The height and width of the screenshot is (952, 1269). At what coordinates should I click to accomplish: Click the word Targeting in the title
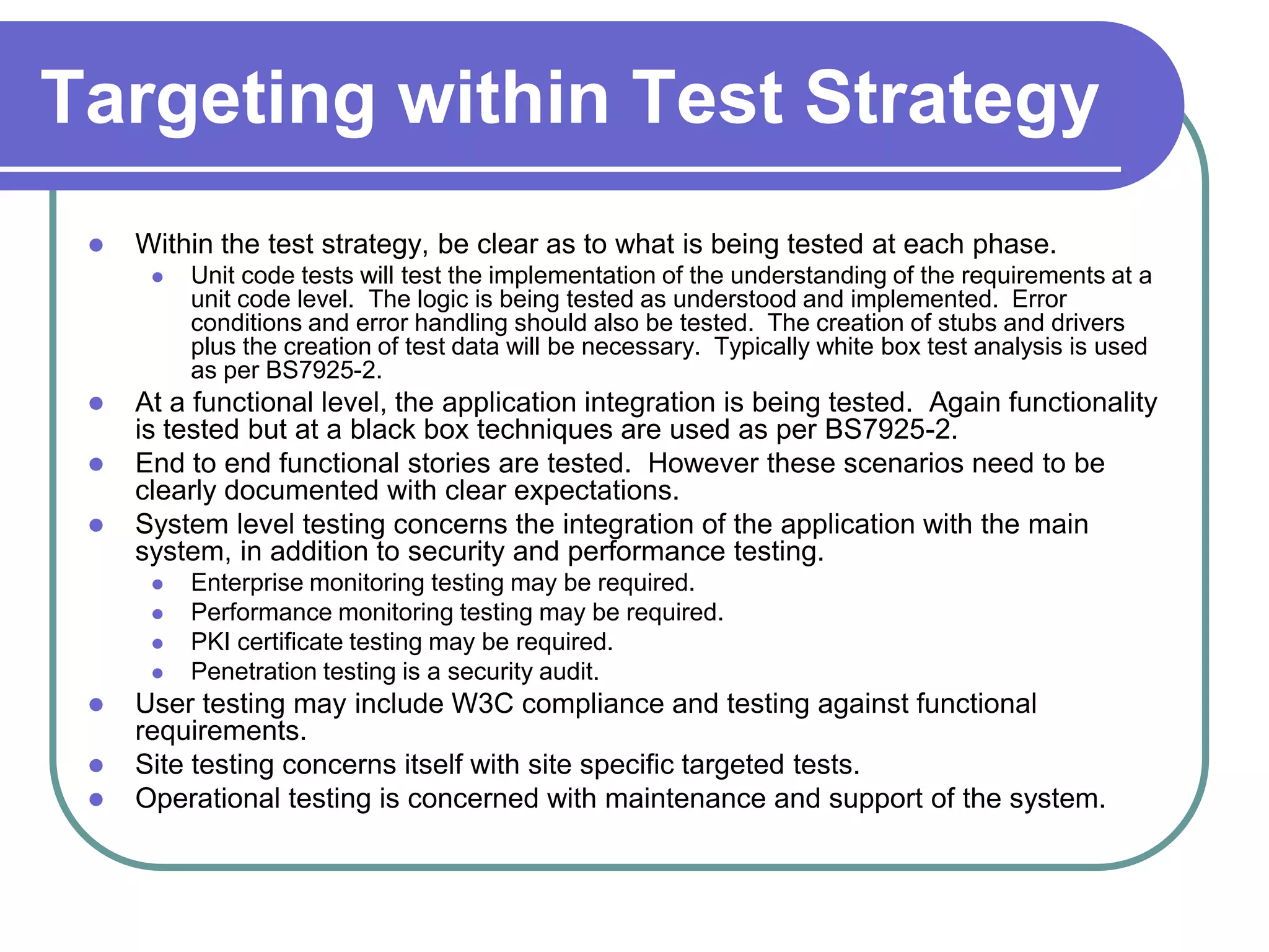click(208, 99)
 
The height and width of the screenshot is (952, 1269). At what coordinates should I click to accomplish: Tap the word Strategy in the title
click(951, 99)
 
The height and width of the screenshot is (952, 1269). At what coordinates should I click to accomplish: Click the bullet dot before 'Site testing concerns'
click(96, 765)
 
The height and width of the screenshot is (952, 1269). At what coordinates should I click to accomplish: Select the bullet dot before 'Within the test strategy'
click(96, 245)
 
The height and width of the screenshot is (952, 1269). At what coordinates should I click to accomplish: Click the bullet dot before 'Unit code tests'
click(157, 277)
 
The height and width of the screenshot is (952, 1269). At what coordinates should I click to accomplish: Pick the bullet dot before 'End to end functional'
click(96, 464)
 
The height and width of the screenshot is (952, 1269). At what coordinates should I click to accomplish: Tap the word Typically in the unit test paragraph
click(762, 346)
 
